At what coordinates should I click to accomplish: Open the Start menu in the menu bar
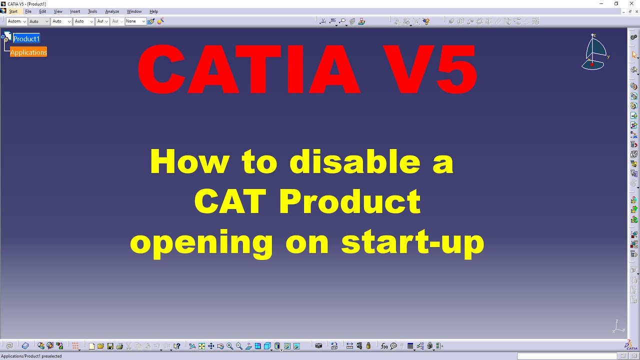[13, 11]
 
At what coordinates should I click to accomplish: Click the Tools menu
[92, 11]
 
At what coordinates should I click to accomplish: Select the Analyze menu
[112, 11]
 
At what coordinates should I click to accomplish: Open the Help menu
[153, 11]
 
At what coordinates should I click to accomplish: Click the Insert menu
[75, 11]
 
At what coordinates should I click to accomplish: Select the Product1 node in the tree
[26, 38]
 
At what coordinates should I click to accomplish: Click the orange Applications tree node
[28, 52]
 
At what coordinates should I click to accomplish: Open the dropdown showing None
[135, 21]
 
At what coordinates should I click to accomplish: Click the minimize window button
[601, 3]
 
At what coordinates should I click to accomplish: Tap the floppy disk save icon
[110, 346]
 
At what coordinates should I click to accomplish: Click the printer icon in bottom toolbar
[119, 346]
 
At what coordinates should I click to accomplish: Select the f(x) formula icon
[384, 346]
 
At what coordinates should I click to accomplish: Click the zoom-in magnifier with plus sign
[230, 346]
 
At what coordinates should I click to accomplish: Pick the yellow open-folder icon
[100, 346]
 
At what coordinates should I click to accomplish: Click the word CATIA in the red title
[248, 70]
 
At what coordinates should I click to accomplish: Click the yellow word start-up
[412, 242]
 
